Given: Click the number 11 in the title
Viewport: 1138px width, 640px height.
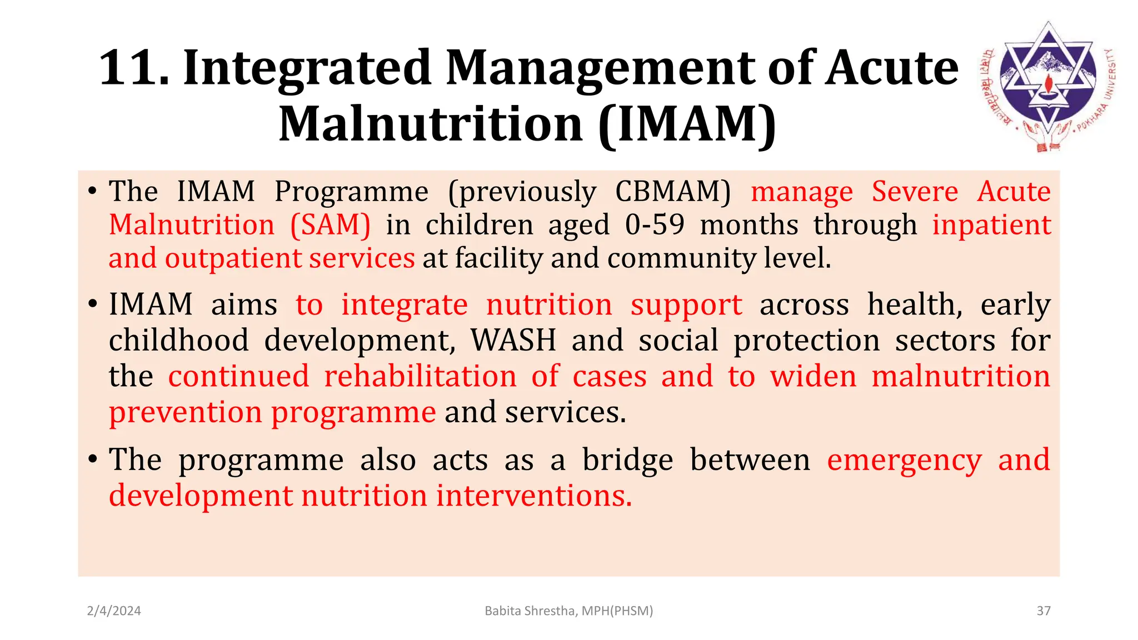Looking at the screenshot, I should coord(133,68).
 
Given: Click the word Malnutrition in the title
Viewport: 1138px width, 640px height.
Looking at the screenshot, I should coord(430,123).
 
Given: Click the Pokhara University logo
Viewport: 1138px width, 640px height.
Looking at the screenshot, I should coord(1047,86).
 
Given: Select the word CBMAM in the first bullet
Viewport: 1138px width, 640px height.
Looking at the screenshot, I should coord(673,192).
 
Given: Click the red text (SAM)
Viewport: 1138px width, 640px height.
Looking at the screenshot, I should coord(330,225).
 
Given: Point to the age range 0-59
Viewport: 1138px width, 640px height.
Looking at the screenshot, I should coord(655,225).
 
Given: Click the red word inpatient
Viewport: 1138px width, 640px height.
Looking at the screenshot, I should coord(991,225).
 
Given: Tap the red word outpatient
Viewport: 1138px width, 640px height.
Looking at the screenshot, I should coord(233,259).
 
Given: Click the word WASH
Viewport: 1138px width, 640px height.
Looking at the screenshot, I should coord(513,340).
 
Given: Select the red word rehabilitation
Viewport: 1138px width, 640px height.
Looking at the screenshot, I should coord(420,376).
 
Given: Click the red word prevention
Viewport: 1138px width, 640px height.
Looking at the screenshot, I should coord(185,412).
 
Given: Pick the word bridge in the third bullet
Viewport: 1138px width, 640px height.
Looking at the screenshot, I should coord(627,460).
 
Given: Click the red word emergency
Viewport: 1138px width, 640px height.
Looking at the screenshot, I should coord(904,460).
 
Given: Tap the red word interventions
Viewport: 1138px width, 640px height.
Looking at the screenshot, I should coord(533,496).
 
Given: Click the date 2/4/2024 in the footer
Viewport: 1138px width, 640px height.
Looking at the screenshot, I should coord(114,611).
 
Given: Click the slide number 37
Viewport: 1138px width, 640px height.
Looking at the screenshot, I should coord(1044,611).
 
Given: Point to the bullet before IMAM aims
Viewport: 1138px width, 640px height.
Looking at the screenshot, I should coord(93,305).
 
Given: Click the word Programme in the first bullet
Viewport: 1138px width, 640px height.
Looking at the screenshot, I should coord(351,192).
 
